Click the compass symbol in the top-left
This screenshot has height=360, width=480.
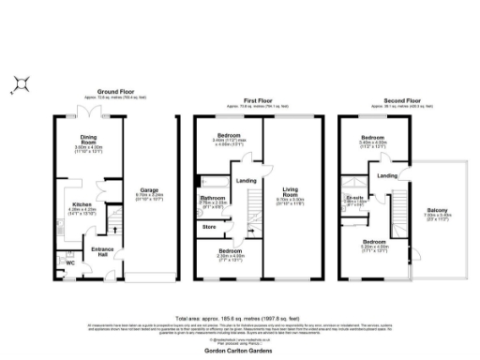click(x=21, y=83)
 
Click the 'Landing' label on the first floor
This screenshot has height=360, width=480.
click(x=246, y=180)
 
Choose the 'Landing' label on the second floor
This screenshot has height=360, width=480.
click(x=385, y=175)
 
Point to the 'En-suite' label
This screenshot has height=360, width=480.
click(x=355, y=199)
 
